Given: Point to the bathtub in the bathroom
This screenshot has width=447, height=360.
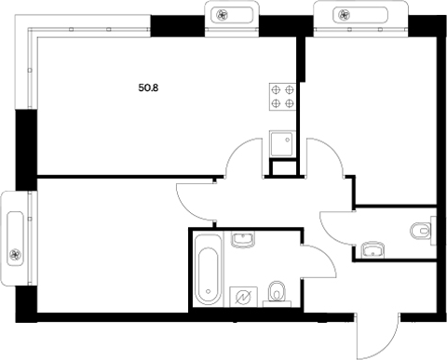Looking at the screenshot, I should [208, 270].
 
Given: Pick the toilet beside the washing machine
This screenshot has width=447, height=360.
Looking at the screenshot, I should [277, 294].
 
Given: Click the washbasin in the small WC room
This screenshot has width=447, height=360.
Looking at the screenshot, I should [372, 247].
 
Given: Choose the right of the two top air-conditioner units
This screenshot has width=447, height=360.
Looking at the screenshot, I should [359, 14].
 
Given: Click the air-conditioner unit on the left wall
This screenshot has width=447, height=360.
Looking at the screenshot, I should [16, 239].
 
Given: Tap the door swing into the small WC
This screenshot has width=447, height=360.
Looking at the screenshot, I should [335, 224].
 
